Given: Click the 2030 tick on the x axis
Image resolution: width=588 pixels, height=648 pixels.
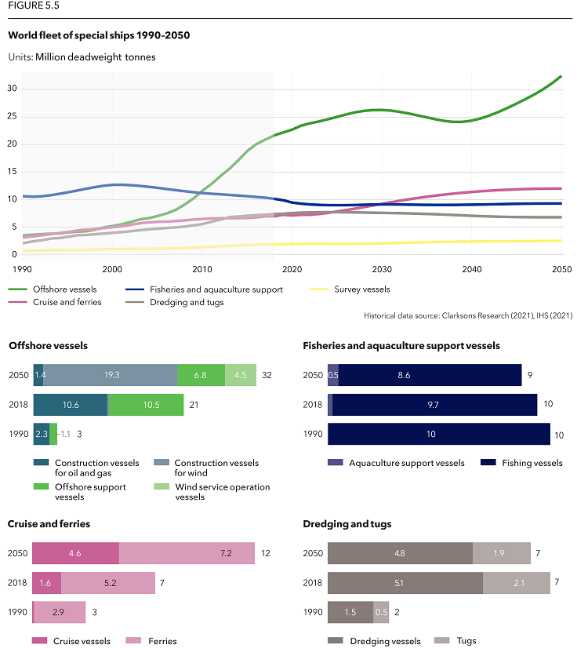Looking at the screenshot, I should click(x=382, y=269).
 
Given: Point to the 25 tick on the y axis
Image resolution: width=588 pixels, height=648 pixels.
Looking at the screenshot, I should click(x=13, y=117).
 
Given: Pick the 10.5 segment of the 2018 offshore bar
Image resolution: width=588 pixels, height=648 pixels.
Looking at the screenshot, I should click(x=145, y=405).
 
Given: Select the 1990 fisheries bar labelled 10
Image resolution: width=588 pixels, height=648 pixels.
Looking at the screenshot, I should click(x=438, y=435).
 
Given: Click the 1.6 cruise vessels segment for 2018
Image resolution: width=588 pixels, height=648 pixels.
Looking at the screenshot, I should click(x=46, y=583).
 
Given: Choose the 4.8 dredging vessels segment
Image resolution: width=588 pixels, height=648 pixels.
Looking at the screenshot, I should click(x=399, y=553).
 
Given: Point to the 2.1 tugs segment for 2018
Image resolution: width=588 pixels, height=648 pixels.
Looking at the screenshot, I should click(x=516, y=583).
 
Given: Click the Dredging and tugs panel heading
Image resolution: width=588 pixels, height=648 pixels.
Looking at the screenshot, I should click(x=347, y=524).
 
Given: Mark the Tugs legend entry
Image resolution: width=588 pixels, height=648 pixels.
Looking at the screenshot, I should click(x=459, y=641).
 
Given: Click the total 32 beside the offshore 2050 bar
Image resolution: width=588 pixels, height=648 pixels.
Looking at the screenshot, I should click(x=266, y=376).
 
